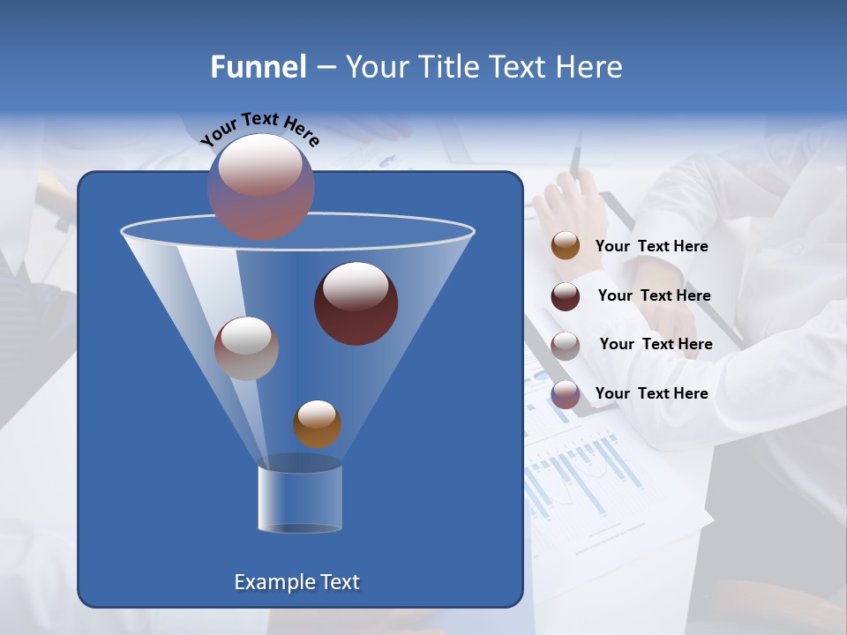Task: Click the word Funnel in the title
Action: coord(258,67)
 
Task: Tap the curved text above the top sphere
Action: coord(259,130)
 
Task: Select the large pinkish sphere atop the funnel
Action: coord(261,186)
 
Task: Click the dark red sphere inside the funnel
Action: coord(356,303)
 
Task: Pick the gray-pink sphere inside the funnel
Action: coord(246,348)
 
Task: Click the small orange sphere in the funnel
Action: coord(317,424)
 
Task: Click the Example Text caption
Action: coord(297,582)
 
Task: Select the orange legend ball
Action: coord(566,246)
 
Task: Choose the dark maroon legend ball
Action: coord(566,296)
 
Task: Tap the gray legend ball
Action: coord(566,346)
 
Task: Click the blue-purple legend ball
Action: coord(566,394)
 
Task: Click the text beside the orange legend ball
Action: coord(651,247)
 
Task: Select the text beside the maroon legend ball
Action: coord(654,296)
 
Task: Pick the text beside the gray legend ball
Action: coord(656,345)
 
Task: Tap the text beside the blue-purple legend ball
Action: coord(651,393)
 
